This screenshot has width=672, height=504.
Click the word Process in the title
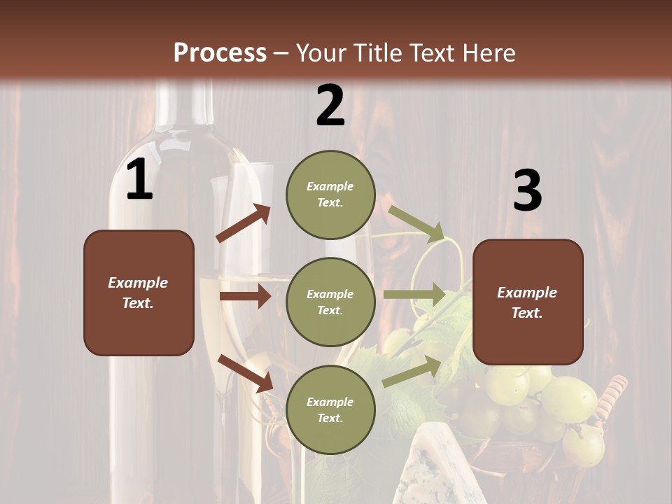pos(220,52)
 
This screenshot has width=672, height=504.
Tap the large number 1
pos(139,181)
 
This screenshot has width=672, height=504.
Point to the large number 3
pos(527,191)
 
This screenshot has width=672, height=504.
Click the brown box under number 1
pos(139,293)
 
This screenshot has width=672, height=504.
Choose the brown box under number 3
pos(528,302)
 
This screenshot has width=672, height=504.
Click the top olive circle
pos(330,195)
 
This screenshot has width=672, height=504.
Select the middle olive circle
pos(330,302)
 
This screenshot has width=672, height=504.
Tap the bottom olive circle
pos(330,409)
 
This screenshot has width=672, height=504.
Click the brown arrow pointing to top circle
pos(244,223)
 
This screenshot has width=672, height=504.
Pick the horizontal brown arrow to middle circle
pos(245,296)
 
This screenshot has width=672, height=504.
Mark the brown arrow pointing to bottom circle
pos(245,372)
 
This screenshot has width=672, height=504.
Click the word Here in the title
pos(488,52)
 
